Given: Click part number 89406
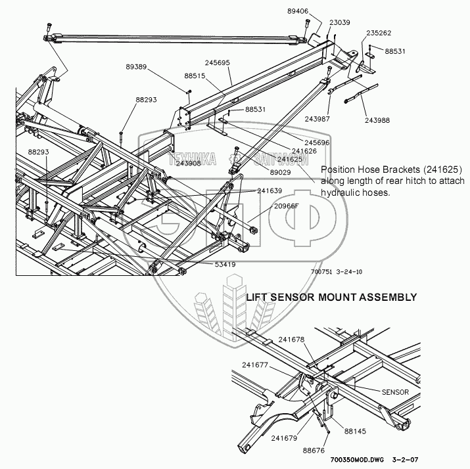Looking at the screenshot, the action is (x=298, y=11).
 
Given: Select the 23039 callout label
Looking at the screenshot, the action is (x=340, y=22).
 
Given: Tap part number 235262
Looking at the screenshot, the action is (x=379, y=33).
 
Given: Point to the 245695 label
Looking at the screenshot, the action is (x=218, y=62).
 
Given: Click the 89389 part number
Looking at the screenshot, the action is (x=136, y=67).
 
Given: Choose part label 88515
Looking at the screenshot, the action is (x=195, y=76).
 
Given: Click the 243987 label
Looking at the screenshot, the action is (x=317, y=119).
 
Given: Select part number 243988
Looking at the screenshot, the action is (x=377, y=120).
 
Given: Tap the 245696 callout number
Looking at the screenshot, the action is (x=317, y=143).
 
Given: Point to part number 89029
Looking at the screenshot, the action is (x=280, y=172).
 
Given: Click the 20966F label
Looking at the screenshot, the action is (x=286, y=206).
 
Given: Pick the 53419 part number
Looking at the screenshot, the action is (x=225, y=265).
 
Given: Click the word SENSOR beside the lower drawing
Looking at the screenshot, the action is (x=395, y=392).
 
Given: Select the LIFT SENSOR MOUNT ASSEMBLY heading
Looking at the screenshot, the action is (x=331, y=297).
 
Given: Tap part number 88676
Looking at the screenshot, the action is (x=314, y=451).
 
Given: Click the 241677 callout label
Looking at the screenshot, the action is (x=255, y=365).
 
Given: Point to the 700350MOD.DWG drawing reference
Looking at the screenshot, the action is (x=357, y=459).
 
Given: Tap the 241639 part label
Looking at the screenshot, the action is (x=270, y=190).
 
